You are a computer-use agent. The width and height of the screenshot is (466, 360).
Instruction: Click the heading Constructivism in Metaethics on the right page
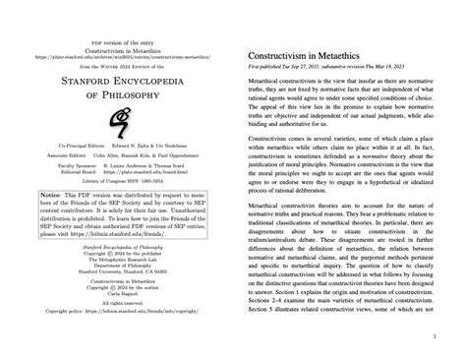[x=306, y=61]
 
